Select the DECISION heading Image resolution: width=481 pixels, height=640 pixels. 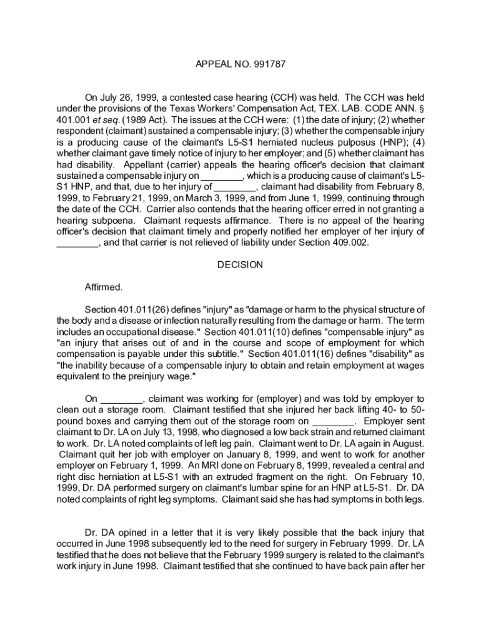[x=241, y=264]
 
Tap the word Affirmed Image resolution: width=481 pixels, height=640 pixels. [x=104, y=287]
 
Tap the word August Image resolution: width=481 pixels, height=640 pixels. [x=408, y=443]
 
